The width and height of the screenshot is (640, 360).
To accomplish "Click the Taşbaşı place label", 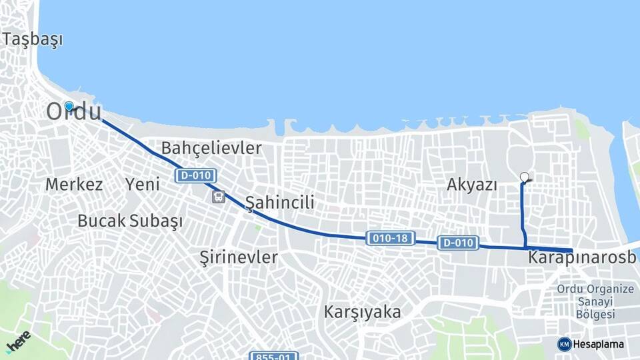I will (33, 39).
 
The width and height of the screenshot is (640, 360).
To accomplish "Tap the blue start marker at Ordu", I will (69, 106).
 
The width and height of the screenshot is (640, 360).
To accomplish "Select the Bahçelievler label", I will (212, 148).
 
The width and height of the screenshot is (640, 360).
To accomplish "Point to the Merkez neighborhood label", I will (74, 185).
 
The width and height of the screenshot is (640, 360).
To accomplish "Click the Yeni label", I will (143, 185).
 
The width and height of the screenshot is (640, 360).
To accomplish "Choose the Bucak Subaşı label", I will (130, 221).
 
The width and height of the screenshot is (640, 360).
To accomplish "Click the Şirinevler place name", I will (239, 257).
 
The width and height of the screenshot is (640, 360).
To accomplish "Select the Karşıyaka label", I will (363, 311).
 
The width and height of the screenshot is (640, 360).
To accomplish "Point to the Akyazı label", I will (472, 185).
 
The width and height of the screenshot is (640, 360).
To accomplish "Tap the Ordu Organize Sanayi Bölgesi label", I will (595, 301).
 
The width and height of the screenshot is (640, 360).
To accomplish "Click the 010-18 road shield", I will (391, 238).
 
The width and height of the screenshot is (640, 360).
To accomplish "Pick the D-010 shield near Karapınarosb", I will (459, 243).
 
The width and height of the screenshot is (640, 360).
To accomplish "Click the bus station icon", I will (219, 197).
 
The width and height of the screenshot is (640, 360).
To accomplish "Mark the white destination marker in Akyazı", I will (525, 177).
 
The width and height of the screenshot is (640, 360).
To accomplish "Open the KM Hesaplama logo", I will (591, 344).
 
